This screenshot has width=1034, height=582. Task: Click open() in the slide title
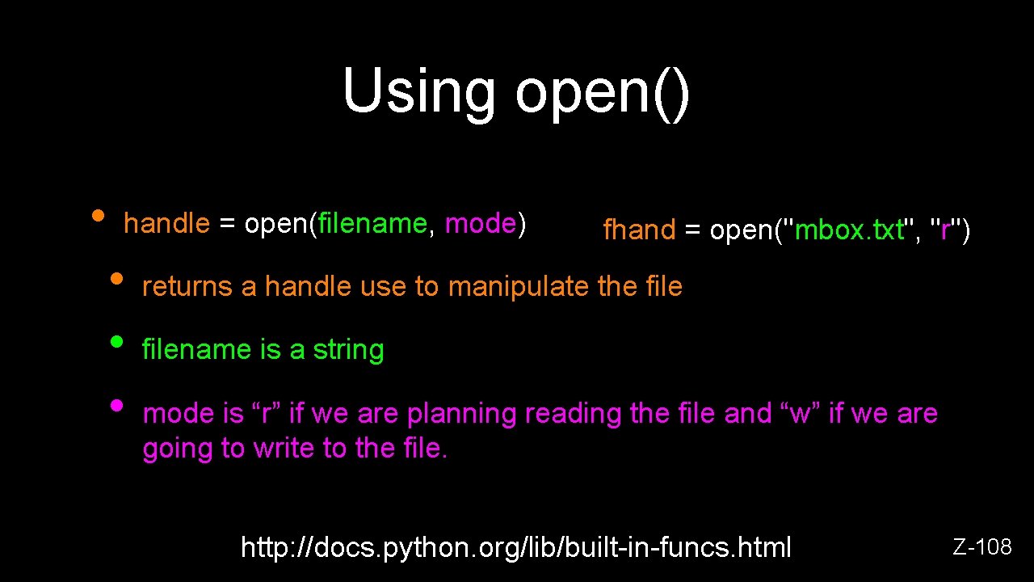click(602, 92)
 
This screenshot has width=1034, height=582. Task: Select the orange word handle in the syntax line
click(166, 223)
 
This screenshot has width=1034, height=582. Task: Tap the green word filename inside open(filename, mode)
click(372, 223)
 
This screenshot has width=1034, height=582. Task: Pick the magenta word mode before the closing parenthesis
click(481, 223)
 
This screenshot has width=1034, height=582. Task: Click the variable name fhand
click(639, 230)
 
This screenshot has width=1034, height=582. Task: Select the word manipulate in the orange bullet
click(518, 286)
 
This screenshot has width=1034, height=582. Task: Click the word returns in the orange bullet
click(188, 286)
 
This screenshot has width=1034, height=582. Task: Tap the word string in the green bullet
click(348, 350)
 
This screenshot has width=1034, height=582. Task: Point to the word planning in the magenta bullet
click(462, 414)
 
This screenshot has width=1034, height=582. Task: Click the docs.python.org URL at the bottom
click(516, 547)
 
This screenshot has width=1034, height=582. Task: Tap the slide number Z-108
click(982, 547)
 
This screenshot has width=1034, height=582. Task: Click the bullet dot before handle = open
click(98, 216)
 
